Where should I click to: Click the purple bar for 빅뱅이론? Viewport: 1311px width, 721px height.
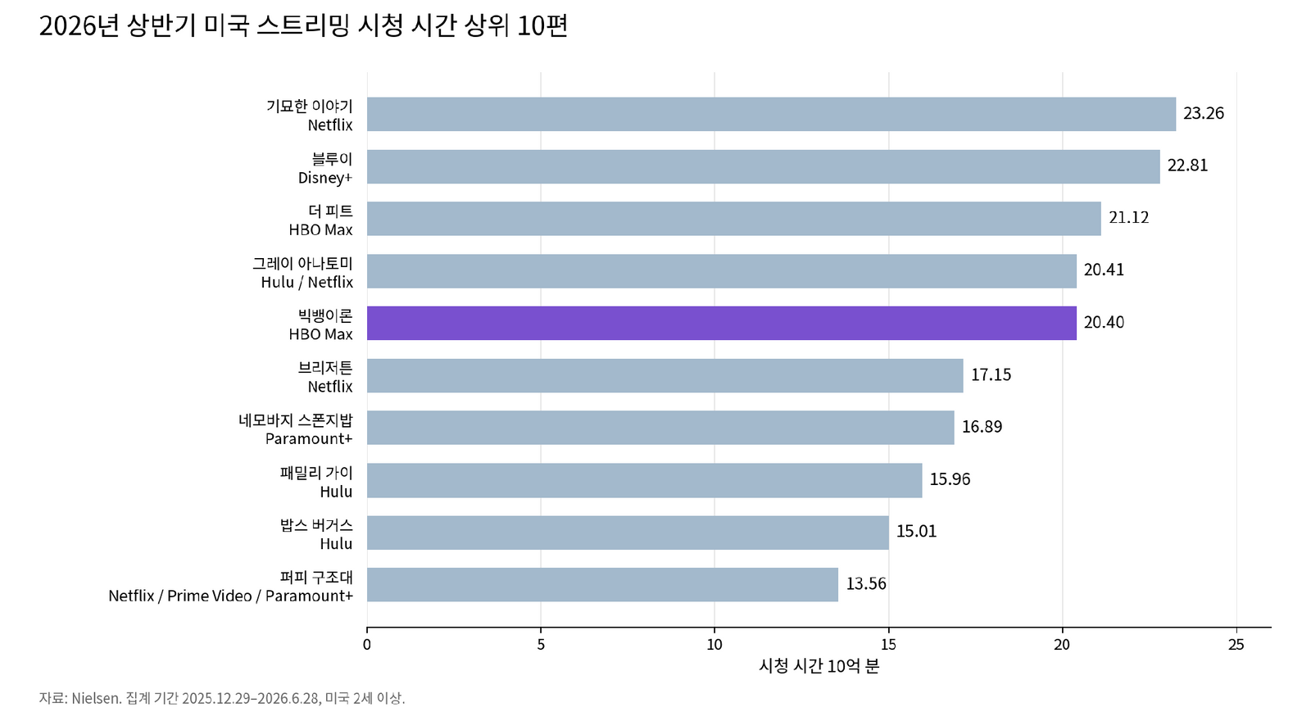tap(722, 323)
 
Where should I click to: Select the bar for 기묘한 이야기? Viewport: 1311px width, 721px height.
tap(771, 114)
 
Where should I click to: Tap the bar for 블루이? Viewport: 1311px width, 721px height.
tap(763, 167)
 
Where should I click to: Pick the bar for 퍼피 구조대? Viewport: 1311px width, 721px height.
tap(602, 585)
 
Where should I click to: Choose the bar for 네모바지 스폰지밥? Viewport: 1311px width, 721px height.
tap(660, 428)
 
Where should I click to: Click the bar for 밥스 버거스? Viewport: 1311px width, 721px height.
tap(628, 533)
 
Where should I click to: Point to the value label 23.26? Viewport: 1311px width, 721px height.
tap(1204, 114)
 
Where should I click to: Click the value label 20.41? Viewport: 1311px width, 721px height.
tap(1104, 270)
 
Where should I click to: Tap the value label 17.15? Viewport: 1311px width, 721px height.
tap(991, 375)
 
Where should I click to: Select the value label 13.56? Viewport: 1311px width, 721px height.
tap(866, 584)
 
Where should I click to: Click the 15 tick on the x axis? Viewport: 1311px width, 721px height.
tap(888, 645)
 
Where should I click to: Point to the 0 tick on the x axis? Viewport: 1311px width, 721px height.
tap(367, 645)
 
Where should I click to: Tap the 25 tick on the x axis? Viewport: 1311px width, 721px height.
tap(1236, 645)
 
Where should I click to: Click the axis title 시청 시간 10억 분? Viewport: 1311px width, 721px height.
tap(819, 666)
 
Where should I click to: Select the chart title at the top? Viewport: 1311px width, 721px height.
tap(303, 25)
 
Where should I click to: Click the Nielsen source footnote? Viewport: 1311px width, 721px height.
tap(222, 698)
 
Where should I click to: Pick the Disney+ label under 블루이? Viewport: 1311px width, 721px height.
tap(325, 178)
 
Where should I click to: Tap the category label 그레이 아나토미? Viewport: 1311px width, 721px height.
tap(302, 263)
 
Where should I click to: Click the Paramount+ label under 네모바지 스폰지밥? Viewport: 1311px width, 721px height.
tap(309, 439)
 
